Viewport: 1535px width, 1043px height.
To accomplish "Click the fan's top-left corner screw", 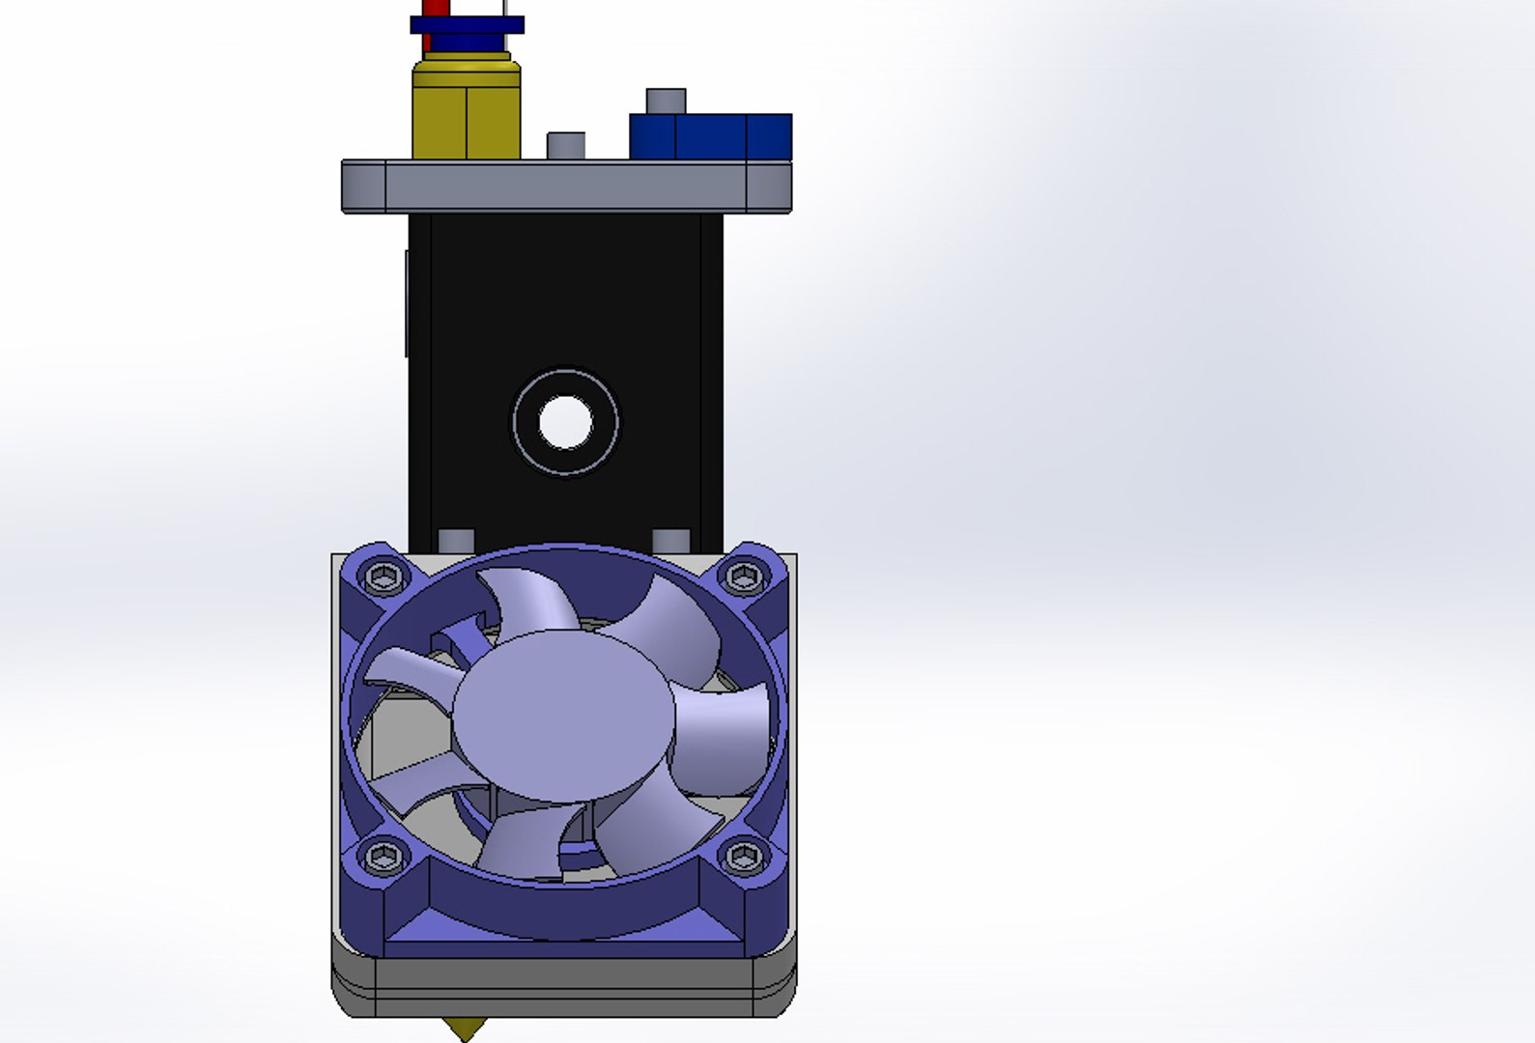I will [x=384, y=578].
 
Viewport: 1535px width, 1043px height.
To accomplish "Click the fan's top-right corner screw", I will [x=743, y=578].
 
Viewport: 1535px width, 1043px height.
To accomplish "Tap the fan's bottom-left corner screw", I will [x=384, y=855].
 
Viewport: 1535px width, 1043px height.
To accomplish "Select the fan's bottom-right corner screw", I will [x=743, y=855].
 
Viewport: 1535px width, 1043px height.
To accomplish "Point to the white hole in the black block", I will [x=565, y=422].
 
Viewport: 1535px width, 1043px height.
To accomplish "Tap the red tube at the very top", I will [x=427, y=8].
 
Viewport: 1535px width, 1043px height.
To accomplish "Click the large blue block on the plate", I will [x=710, y=136].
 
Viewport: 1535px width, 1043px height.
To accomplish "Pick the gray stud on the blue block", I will [x=666, y=100].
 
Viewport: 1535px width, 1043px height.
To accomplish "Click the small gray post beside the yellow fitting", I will [x=565, y=145].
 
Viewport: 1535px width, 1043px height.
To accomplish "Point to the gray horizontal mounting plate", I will [x=565, y=185].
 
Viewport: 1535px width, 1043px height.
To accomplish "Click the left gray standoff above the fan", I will [x=456, y=540].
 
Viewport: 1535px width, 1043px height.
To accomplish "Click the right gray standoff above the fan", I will [x=670, y=540].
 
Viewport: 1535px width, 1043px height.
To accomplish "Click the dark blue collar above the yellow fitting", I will [x=467, y=25].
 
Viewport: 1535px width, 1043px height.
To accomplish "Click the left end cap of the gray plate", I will [x=363, y=185].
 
